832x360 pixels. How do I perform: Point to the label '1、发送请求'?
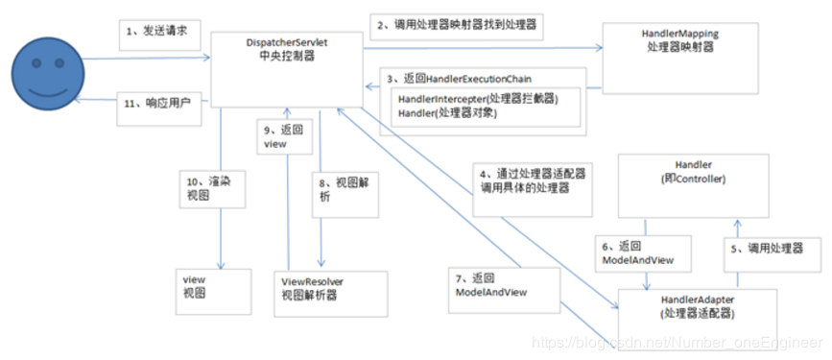click(x=155, y=32)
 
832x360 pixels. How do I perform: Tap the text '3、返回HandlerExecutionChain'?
click(x=460, y=77)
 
